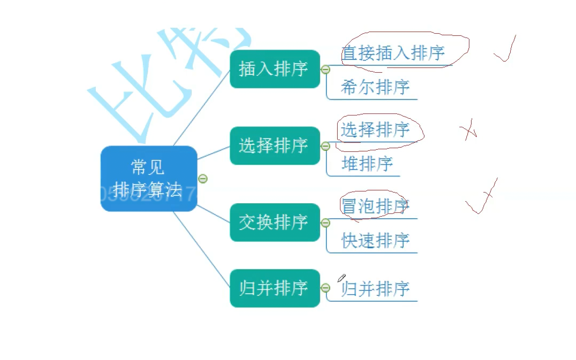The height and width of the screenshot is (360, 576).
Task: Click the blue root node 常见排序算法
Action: (x=148, y=179)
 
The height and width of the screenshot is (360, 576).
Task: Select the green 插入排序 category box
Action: (x=274, y=69)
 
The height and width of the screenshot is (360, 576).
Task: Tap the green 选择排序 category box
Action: (x=274, y=145)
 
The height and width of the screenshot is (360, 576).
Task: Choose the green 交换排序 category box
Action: (x=274, y=222)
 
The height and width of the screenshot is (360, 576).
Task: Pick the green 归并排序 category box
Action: (x=274, y=288)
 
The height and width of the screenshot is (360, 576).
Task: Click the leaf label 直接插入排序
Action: (x=393, y=53)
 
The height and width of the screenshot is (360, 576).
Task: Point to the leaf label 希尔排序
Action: (x=375, y=87)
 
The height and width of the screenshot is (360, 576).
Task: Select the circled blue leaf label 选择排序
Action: (x=375, y=129)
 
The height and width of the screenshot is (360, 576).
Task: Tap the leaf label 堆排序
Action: (x=367, y=163)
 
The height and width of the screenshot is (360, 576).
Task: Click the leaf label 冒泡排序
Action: (x=375, y=206)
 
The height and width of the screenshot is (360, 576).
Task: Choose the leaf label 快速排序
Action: (x=375, y=240)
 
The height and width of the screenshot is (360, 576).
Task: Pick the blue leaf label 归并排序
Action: (x=375, y=289)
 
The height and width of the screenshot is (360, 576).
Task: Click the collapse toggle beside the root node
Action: (x=202, y=179)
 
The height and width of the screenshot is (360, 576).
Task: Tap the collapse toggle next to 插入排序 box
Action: (x=325, y=70)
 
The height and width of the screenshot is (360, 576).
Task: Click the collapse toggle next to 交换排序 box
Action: (x=325, y=223)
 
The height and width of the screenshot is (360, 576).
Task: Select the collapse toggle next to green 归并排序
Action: (x=325, y=288)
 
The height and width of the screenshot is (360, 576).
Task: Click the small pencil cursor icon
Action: (x=341, y=278)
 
